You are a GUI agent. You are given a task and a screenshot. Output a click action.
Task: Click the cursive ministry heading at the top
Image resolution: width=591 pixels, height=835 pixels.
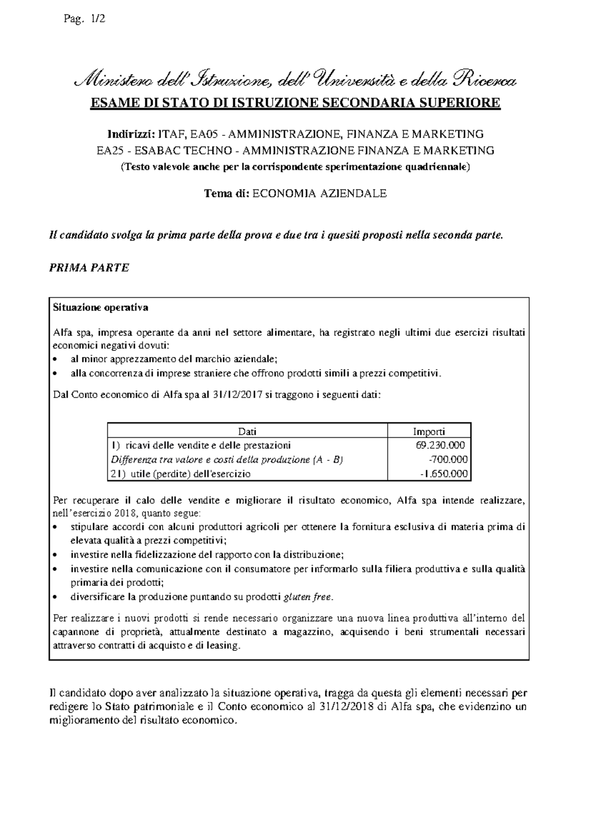295,79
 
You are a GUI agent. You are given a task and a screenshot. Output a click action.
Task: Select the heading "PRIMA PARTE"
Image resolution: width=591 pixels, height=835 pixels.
89,267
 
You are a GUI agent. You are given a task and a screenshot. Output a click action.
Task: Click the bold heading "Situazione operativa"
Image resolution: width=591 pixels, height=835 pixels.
100,308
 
